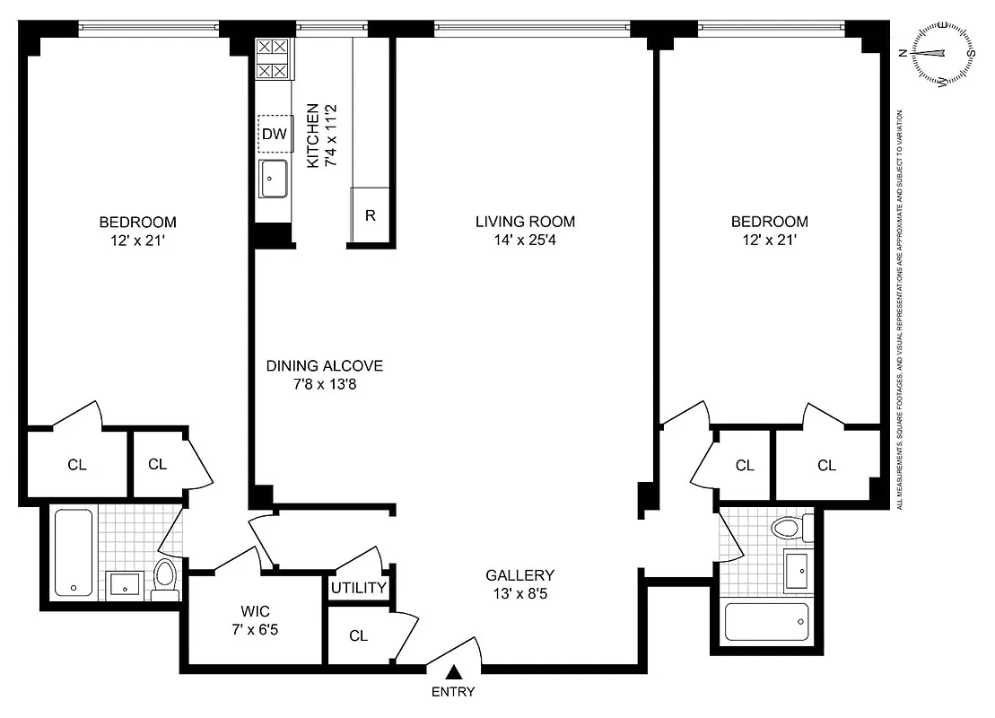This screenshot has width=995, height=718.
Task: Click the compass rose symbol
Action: [943, 54]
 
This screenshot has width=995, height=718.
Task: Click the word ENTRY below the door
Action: [453, 692]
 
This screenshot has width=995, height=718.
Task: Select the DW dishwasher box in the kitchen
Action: [275, 135]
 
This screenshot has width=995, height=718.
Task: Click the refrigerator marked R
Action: [370, 215]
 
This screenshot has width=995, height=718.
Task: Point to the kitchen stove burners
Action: [272, 58]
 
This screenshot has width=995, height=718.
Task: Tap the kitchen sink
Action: [273, 178]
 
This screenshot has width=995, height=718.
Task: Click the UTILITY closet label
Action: [358, 588]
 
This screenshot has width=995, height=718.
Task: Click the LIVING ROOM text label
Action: [525, 222]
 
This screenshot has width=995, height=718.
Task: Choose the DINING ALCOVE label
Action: [324, 366]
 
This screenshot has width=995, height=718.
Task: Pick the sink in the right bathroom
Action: [796, 569]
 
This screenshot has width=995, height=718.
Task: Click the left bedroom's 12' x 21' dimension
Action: [137, 240]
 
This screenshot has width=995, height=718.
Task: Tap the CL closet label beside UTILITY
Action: [359, 636]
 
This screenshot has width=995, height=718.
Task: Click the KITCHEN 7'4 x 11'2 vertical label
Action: [321, 136]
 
